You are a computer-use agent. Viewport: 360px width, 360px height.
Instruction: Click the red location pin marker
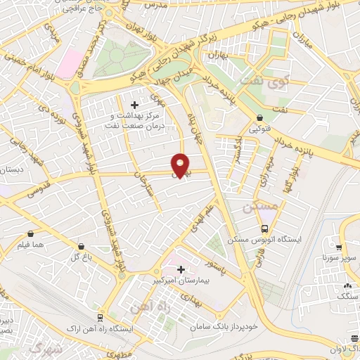tap(180, 165)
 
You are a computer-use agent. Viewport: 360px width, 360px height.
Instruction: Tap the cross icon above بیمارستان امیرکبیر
tap(181, 269)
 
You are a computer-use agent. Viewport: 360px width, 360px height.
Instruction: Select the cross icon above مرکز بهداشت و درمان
tap(134, 105)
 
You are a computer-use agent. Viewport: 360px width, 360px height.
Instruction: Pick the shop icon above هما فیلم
tap(30, 234)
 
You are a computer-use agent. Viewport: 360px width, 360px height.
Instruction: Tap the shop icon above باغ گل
tap(83, 247)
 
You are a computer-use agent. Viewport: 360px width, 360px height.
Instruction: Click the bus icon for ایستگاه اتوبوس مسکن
tap(265, 229)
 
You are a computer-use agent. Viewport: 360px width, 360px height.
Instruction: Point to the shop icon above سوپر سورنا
tap(339, 247)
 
